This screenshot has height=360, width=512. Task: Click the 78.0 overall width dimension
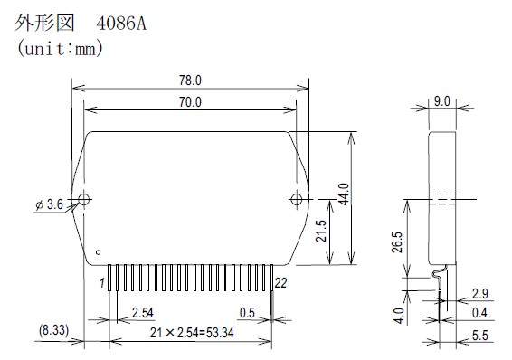point(190,81)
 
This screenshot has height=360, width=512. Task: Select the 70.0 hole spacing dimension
point(190,102)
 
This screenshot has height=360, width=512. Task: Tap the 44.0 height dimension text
point(344,194)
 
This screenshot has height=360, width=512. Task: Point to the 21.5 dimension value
point(321,231)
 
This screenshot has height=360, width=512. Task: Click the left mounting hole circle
point(84,199)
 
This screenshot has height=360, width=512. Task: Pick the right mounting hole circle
point(297,199)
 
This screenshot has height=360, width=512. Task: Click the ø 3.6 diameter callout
point(49,204)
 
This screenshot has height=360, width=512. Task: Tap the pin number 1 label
point(102,283)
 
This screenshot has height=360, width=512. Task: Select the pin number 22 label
point(280,283)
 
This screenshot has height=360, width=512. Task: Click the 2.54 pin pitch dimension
point(143,313)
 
